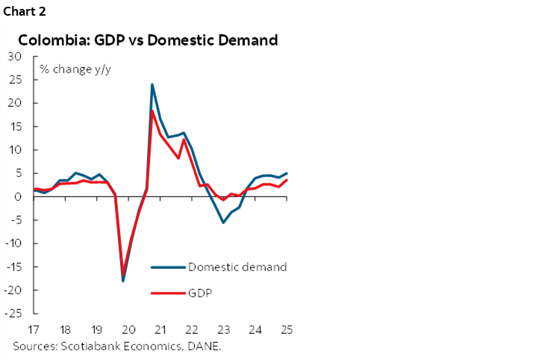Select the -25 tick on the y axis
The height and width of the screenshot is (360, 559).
tap(13, 314)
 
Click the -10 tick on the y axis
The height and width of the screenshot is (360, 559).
tap(13, 243)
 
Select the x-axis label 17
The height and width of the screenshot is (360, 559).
tap(34, 329)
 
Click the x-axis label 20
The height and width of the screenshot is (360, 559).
tap(128, 329)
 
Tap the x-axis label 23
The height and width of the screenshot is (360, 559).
tap(222, 329)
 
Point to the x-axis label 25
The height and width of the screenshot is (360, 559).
tap(286, 329)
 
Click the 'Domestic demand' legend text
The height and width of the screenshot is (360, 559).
tap(237, 267)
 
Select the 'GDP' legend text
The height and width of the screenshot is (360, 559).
tap(200, 293)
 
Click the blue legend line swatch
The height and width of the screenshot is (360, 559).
tap(167, 267)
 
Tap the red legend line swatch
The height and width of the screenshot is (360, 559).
tap(167, 293)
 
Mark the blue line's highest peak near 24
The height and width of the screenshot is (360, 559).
tap(152, 84)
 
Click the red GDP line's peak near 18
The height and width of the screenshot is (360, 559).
tap(152, 111)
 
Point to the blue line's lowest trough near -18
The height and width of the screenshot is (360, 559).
tap(123, 281)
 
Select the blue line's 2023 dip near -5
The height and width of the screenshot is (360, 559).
tap(222, 223)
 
